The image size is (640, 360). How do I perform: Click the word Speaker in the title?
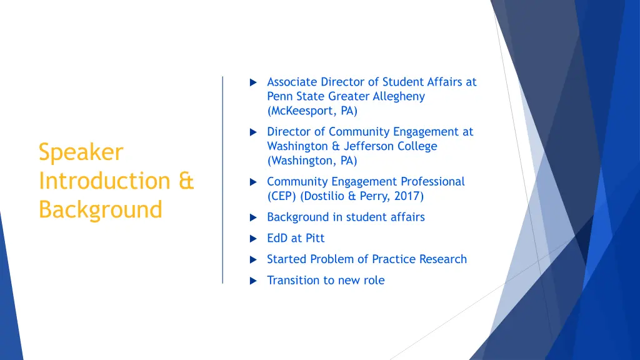click(x=81, y=152)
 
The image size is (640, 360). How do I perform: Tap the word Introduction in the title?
click(x=104, y=181)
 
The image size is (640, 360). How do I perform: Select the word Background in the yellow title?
click(x=100, y=209)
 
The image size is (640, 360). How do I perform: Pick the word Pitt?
click(x=315, y=238)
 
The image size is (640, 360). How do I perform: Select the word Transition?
click(x=292, y=280)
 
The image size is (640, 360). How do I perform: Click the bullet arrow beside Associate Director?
click(x=252, y=82)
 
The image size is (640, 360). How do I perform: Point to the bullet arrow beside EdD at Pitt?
click(x=252, y=239)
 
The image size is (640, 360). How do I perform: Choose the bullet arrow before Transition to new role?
click(x=252, y=281)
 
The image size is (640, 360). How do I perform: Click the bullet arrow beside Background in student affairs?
click(x=252, y=217)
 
